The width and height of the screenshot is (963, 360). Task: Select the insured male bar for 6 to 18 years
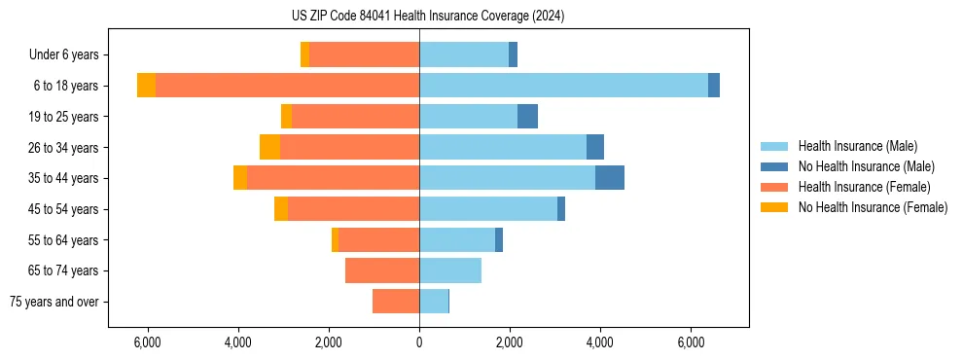click(563, 86)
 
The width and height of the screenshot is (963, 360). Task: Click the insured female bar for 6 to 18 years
click(287, 86)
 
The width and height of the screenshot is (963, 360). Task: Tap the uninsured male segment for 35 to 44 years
click(610, 178)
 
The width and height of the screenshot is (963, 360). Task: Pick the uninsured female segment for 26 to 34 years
click(269, 147)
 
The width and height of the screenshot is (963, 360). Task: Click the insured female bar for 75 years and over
click(396, 302)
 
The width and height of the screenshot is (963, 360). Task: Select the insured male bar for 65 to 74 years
click(450, 270)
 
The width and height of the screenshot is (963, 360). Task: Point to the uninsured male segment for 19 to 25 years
click(527, 116)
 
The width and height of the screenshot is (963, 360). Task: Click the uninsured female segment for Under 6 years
click(304, 54)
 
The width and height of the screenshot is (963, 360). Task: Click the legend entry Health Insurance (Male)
click(857, 146)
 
